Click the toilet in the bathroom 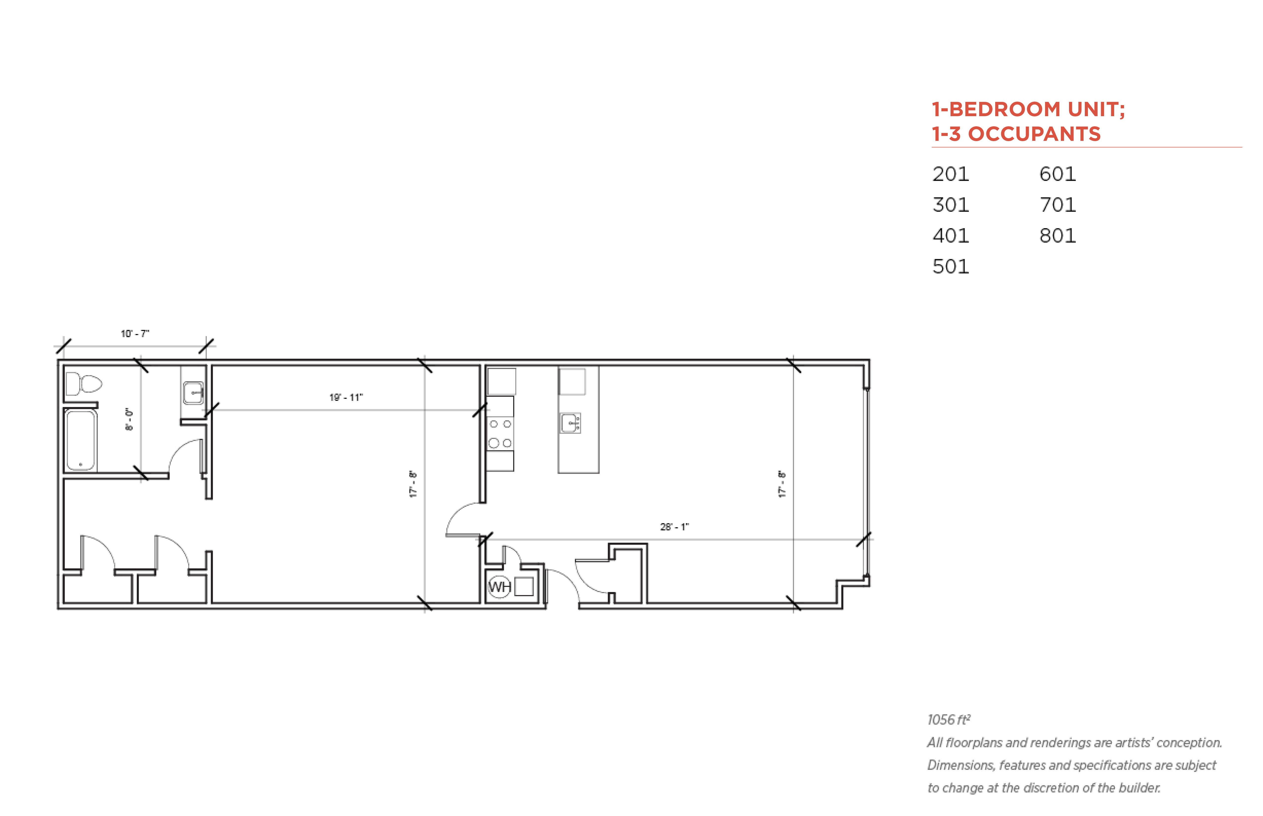83,383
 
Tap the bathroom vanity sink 193,393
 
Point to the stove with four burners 500,433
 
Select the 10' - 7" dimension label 135,333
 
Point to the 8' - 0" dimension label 129,419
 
